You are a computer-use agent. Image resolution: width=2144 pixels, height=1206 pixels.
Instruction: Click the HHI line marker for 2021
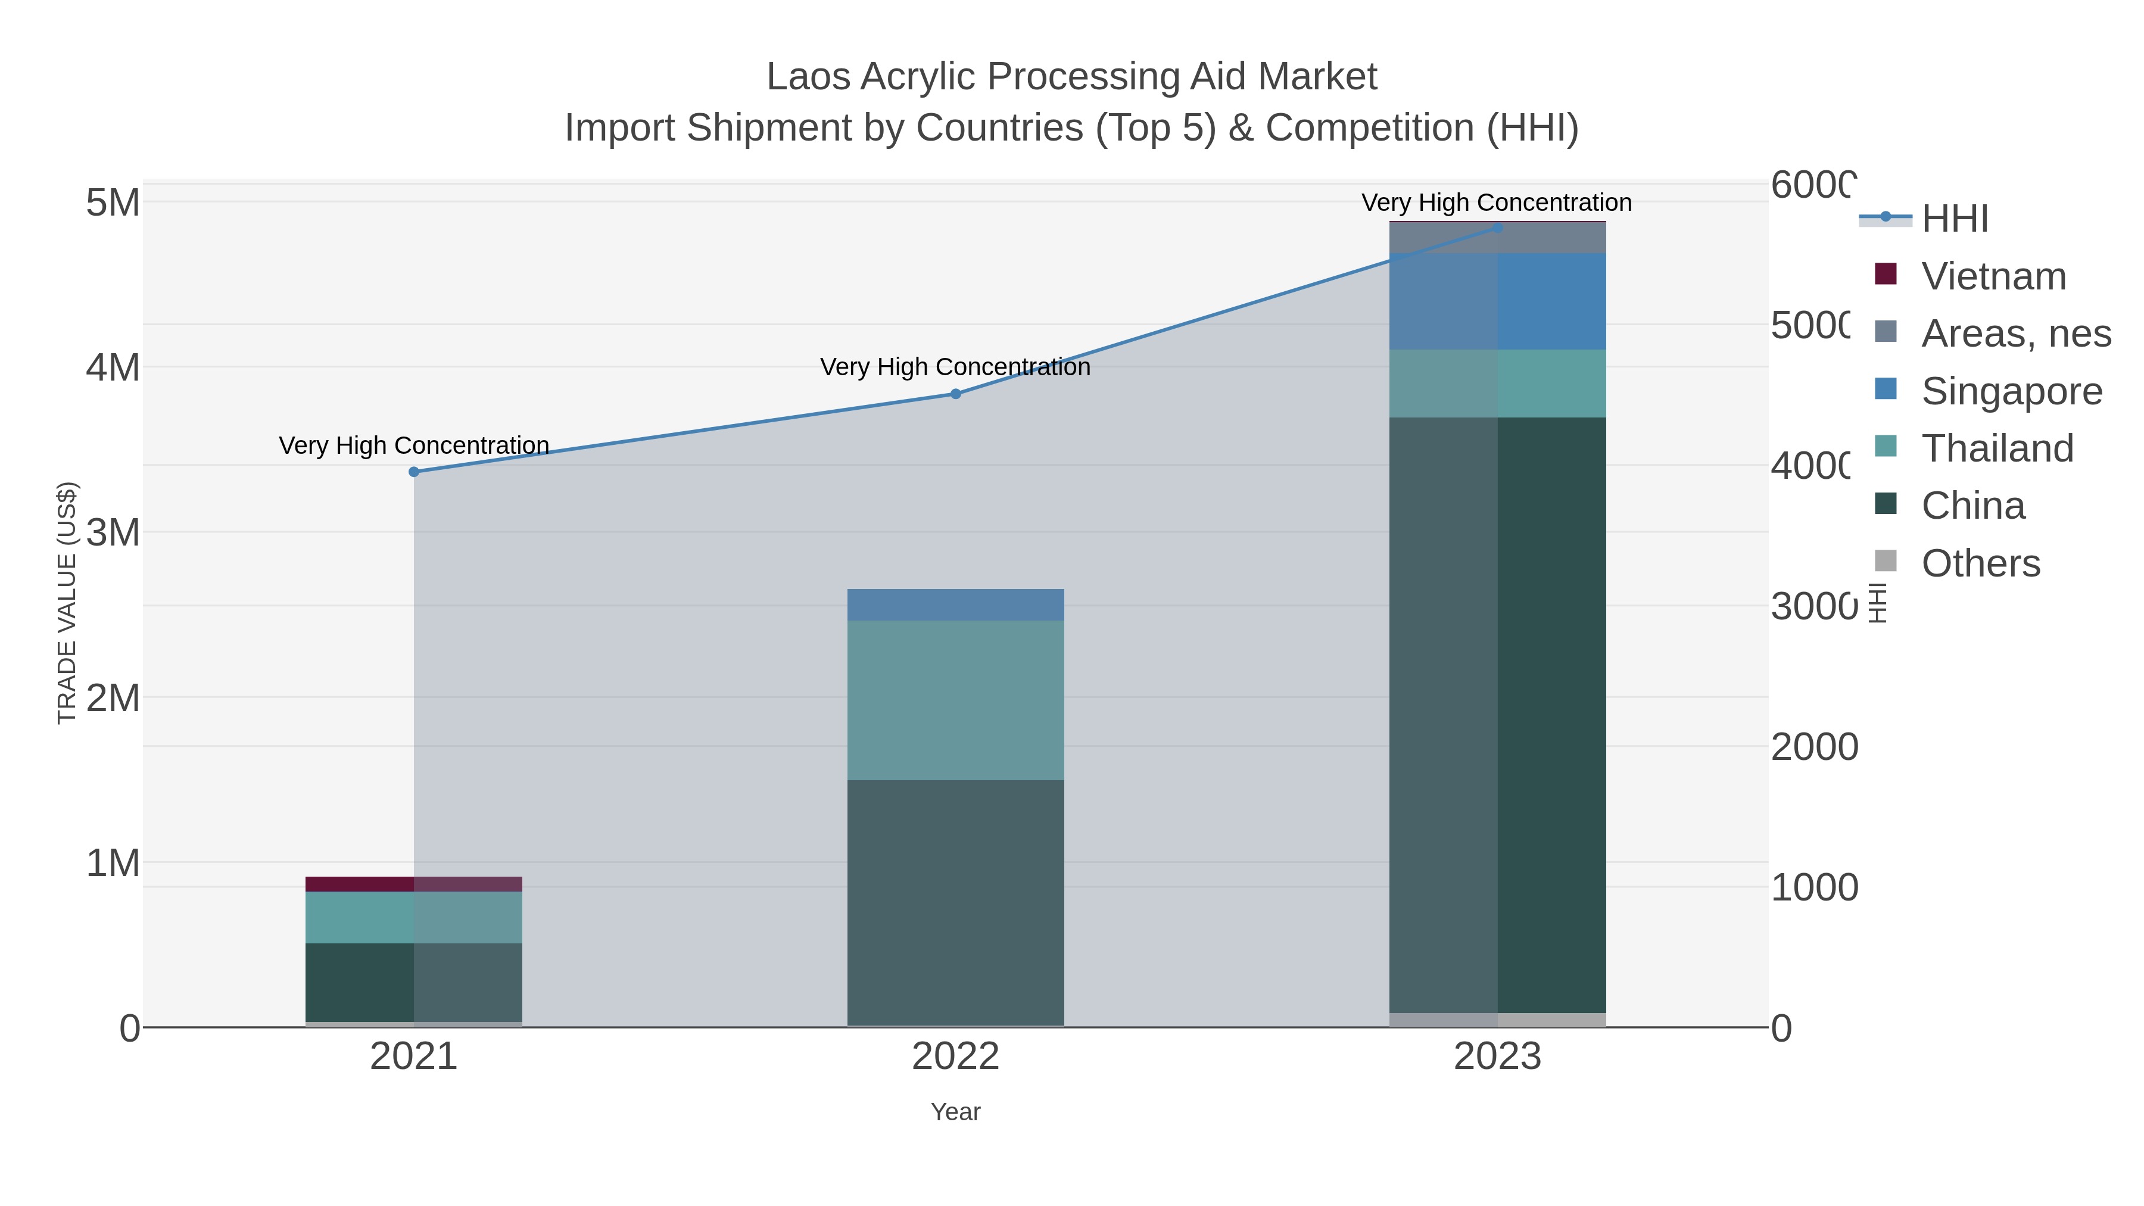coord(414,472)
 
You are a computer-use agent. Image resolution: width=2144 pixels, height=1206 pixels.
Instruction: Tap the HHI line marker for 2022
coord(955,394)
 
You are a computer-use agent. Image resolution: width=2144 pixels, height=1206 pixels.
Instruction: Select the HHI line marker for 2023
coord(1497,228)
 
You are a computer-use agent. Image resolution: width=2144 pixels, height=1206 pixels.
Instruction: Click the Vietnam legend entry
coord(1993,276)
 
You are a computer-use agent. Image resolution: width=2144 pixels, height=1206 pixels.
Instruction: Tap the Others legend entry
coord(1980,563)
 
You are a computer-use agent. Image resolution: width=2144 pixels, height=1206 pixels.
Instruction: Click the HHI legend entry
coord(1954,219)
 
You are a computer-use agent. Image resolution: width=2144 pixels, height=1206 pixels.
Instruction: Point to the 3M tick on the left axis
coord(113,532)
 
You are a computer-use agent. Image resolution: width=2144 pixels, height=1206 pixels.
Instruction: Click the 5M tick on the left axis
coord(113,203)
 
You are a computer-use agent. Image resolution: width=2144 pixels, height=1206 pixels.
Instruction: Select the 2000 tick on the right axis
coord(1813,747)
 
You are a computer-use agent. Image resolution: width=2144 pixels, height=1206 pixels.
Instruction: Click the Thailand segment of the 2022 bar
coord(955,700)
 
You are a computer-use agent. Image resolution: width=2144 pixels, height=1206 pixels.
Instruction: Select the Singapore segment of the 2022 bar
coord(955,605)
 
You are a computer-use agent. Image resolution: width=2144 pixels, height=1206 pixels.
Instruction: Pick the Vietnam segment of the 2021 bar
coord(414,884)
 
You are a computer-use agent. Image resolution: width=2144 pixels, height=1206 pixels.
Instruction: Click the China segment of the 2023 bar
coord(1497,716)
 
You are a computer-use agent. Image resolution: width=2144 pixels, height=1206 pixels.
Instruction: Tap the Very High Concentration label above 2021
coord(414,445)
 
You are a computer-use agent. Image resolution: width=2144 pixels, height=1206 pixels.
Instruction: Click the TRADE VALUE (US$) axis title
coord(67,603)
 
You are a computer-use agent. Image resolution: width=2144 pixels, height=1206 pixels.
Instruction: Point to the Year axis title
coord(955,1112)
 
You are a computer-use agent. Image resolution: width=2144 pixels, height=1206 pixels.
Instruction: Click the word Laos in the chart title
coord(808,77)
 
